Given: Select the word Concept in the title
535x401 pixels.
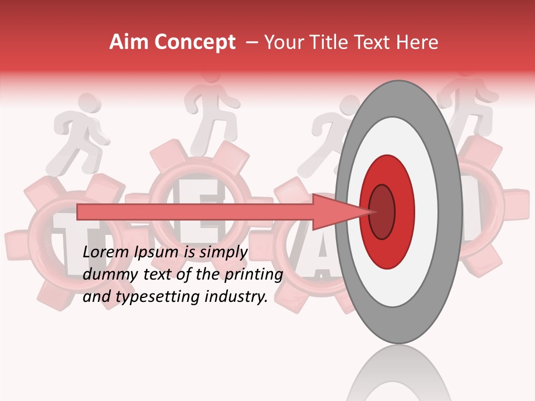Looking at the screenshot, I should pos(194,43).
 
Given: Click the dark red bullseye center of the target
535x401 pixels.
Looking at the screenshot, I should pos(382,212).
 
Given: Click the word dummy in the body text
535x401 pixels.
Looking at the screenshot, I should pos(104,275).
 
